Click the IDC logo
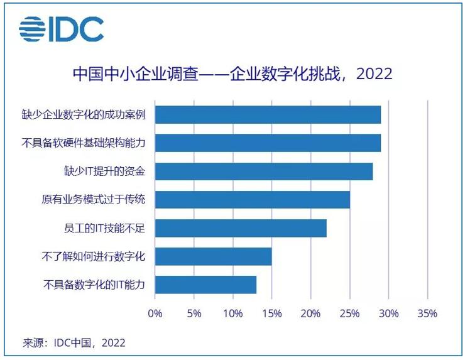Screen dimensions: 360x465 pyautogui.click(x=61, y=30)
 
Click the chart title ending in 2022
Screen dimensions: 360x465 pyautogui.click(x=232, y=74)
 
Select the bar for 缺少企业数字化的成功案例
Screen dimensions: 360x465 pyautogui.click(x=268, y=115)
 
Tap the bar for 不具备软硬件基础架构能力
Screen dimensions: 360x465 pyautogui.click(x=268, y=143)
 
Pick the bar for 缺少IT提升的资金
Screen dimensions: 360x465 pyautogui.click(x=264, y=171)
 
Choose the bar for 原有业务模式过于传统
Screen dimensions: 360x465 pyautogui.click(x=253, y=200)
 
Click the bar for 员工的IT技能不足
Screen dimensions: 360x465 pyautogui.click(x=241, y=228)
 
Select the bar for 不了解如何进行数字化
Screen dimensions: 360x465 pyautogui.click(x=214, y=256)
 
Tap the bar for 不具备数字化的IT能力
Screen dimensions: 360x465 pyautogui.click(x=205, y=285)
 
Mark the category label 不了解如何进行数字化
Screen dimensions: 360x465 pyautogui.click(x=94, y=256)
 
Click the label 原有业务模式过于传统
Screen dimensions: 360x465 pyautogui.click(x=94, y=200)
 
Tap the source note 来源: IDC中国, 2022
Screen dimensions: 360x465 pyautogui.click(x=74, y=343)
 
